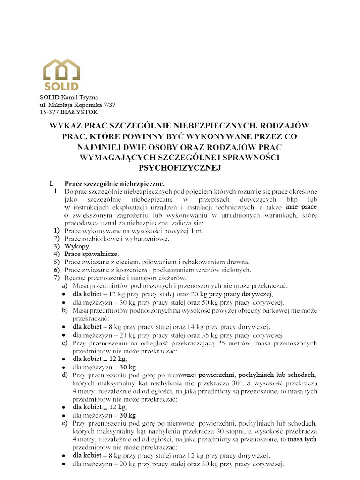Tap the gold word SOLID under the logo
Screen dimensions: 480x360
[61, 86]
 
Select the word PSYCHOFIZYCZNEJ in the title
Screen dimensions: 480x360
[180, 167]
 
